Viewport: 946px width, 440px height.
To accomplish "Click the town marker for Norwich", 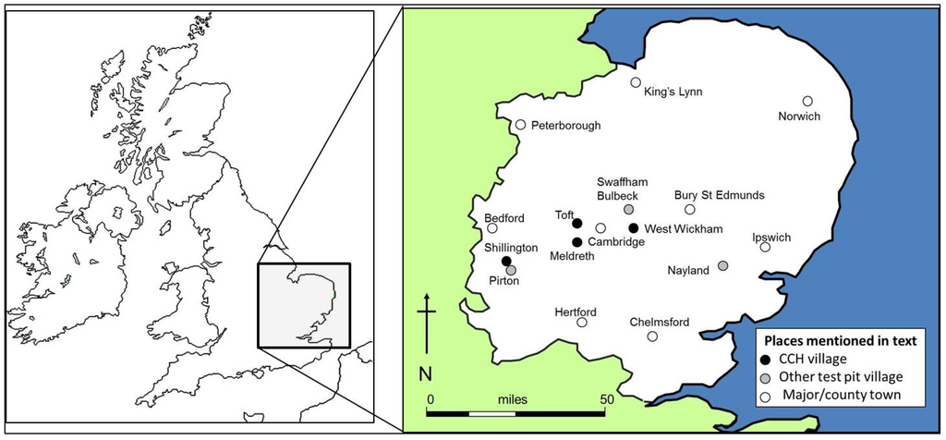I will coord(807,101).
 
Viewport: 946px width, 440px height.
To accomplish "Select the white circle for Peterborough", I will coord(521,125).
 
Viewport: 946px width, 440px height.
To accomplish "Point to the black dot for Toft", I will coord(576,223).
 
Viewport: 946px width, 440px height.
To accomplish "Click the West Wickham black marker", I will coord(634,228).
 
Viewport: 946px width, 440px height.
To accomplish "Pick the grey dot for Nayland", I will coord(722,266).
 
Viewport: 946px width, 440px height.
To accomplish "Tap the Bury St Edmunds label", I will coord(719,195).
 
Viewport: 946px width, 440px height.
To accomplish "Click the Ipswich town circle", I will coord(765,247).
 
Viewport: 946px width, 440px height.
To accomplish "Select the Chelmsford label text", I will coord(660,322).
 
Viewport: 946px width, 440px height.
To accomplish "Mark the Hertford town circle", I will coord(582,323).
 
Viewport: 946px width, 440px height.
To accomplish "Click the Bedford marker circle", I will coord(492,227).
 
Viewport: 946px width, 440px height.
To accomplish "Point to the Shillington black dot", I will coord(506,261).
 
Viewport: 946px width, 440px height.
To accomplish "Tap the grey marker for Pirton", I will coord(511,270).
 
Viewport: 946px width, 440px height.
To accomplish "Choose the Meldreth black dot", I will coord(577,241).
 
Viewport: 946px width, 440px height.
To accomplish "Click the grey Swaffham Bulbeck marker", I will coord(628,209).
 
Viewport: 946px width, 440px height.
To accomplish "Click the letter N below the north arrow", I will coord(426,373).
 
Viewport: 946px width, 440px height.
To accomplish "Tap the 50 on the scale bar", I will coord(608,398).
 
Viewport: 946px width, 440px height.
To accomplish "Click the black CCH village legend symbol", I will coord(765,360).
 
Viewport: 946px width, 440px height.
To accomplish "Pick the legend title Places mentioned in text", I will coord(836,340).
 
